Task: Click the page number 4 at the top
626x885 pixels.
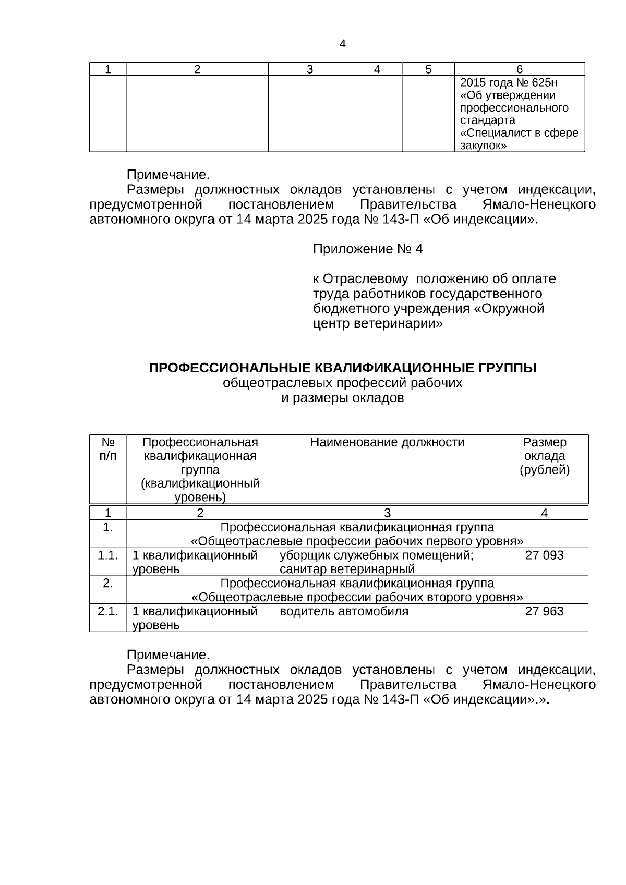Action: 342,44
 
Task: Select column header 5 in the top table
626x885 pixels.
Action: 428,69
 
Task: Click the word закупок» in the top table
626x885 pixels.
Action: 483,146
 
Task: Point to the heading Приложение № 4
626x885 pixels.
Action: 367,249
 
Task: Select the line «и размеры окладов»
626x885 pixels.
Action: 342,398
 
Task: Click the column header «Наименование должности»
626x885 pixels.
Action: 387,443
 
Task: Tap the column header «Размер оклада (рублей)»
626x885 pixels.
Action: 544,456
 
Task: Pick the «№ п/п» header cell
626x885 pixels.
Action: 107,449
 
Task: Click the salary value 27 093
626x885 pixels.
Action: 544,555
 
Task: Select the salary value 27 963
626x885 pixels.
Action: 544,611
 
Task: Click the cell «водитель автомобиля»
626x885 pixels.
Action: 344,611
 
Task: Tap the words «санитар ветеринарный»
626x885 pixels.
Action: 347,569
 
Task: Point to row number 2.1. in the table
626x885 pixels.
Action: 107,611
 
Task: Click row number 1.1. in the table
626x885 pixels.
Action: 107,555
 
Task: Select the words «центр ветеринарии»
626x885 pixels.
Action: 378,324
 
